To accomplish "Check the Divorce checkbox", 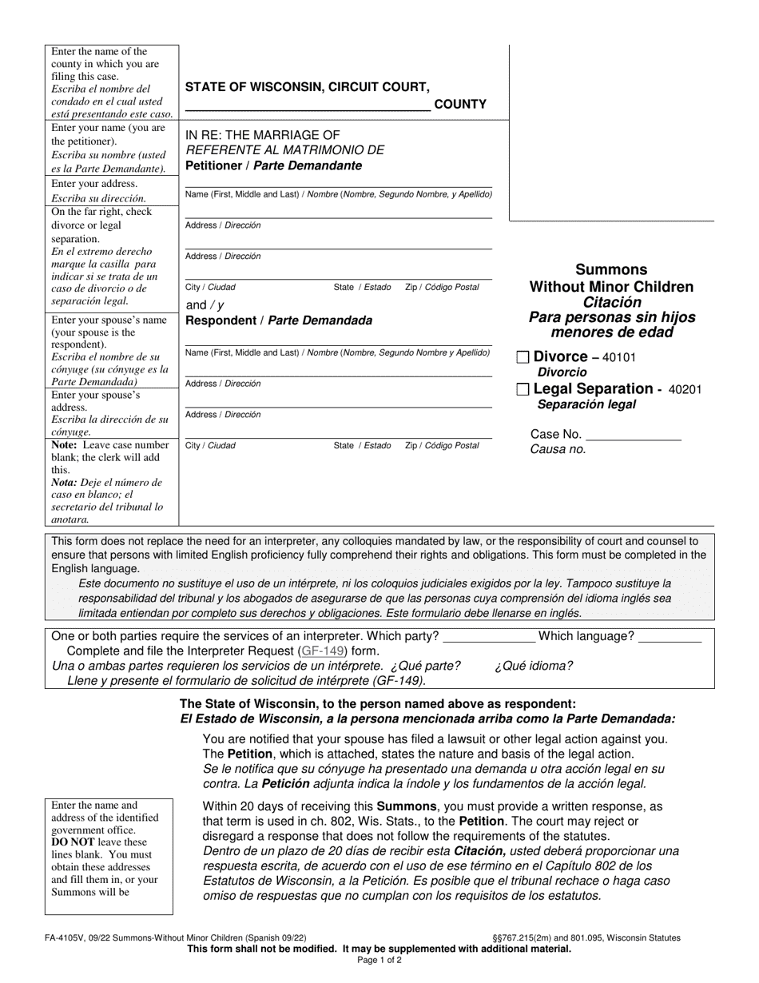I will (x=523, y=357).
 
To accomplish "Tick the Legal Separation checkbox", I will (x=523, y=389).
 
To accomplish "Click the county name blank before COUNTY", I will (x=308, y=103).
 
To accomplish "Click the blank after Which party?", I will (x=489, y=636).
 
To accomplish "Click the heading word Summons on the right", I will (x=612, y=269).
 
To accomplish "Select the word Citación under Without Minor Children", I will (x=612, y=302).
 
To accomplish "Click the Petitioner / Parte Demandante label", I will (x=273, y=166).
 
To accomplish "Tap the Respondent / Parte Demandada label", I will (x=279, y=320).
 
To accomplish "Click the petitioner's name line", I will (x=339, y=184).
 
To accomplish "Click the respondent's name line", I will (x=339, y=341).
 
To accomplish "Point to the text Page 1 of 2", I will (x=379, y=961).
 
